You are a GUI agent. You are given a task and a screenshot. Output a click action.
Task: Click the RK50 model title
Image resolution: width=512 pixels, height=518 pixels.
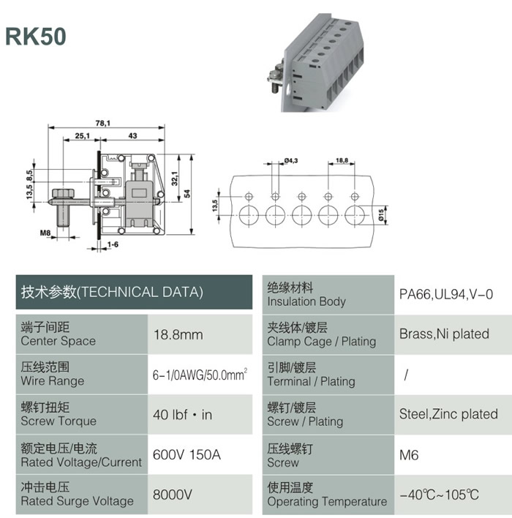36,36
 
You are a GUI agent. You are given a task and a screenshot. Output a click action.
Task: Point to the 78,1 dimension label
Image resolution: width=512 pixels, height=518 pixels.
102,123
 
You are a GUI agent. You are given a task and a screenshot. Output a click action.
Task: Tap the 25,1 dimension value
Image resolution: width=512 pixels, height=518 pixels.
82,136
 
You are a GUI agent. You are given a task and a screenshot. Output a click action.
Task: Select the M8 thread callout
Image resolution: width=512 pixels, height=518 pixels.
45,233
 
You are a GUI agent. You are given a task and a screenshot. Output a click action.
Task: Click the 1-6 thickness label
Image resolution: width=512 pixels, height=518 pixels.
113,244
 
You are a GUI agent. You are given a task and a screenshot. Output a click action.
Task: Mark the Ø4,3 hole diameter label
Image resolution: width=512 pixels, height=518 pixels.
290,160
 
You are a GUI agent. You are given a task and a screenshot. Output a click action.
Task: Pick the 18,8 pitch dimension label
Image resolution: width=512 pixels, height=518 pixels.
342,160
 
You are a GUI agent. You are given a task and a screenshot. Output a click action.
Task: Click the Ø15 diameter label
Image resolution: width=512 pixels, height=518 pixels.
382,214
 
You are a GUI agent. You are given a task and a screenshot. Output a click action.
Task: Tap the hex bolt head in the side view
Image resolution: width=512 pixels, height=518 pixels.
64,193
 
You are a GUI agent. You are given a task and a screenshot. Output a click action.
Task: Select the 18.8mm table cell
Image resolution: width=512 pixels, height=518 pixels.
178,334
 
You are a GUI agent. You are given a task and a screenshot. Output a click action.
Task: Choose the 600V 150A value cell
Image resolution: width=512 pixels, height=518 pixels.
187,454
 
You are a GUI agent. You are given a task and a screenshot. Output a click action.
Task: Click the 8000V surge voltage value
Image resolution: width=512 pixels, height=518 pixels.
172,495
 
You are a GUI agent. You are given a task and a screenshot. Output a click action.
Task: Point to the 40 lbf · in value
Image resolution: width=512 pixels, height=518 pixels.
182,415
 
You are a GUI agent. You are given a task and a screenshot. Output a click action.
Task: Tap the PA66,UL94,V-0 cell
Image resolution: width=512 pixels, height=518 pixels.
446,294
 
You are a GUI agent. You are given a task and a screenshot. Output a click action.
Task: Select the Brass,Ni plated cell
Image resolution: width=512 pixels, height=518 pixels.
444,334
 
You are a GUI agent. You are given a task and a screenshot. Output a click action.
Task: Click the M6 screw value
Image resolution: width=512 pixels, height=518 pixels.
409,455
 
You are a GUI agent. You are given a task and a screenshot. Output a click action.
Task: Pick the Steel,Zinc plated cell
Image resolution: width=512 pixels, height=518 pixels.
448,414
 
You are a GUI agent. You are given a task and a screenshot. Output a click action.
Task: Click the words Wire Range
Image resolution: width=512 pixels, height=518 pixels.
53,381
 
